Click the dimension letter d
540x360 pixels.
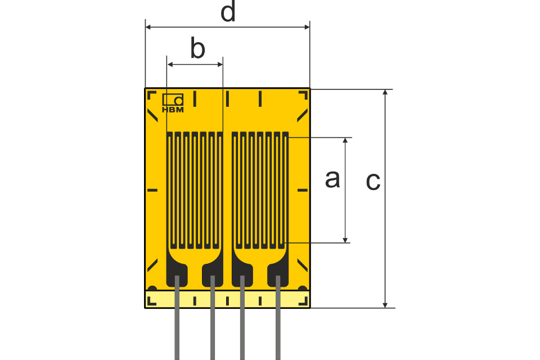tap(227, 12)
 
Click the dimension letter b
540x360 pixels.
tap(197, 49)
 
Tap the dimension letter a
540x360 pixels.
tap(332, 179)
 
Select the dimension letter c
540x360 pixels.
tap(373, 181)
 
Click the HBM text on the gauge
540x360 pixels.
tap(173, 110)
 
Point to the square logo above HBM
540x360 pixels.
tap(173, 99)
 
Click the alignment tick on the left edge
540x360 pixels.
tap(152, 191)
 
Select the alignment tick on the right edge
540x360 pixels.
tap(303, 191)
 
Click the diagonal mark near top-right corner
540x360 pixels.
tap(303, 114)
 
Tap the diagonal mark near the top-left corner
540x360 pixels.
tap(152, 115)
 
